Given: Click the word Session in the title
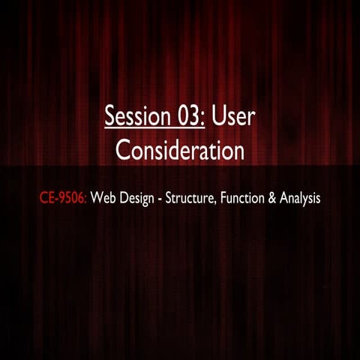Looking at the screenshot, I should tap(130, 117).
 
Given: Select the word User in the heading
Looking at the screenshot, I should tap(233, 117).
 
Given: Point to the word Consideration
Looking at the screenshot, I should tap(180, 151).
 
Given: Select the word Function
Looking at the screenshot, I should tap(244, 201).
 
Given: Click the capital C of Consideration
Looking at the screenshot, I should tap(122, 151).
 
